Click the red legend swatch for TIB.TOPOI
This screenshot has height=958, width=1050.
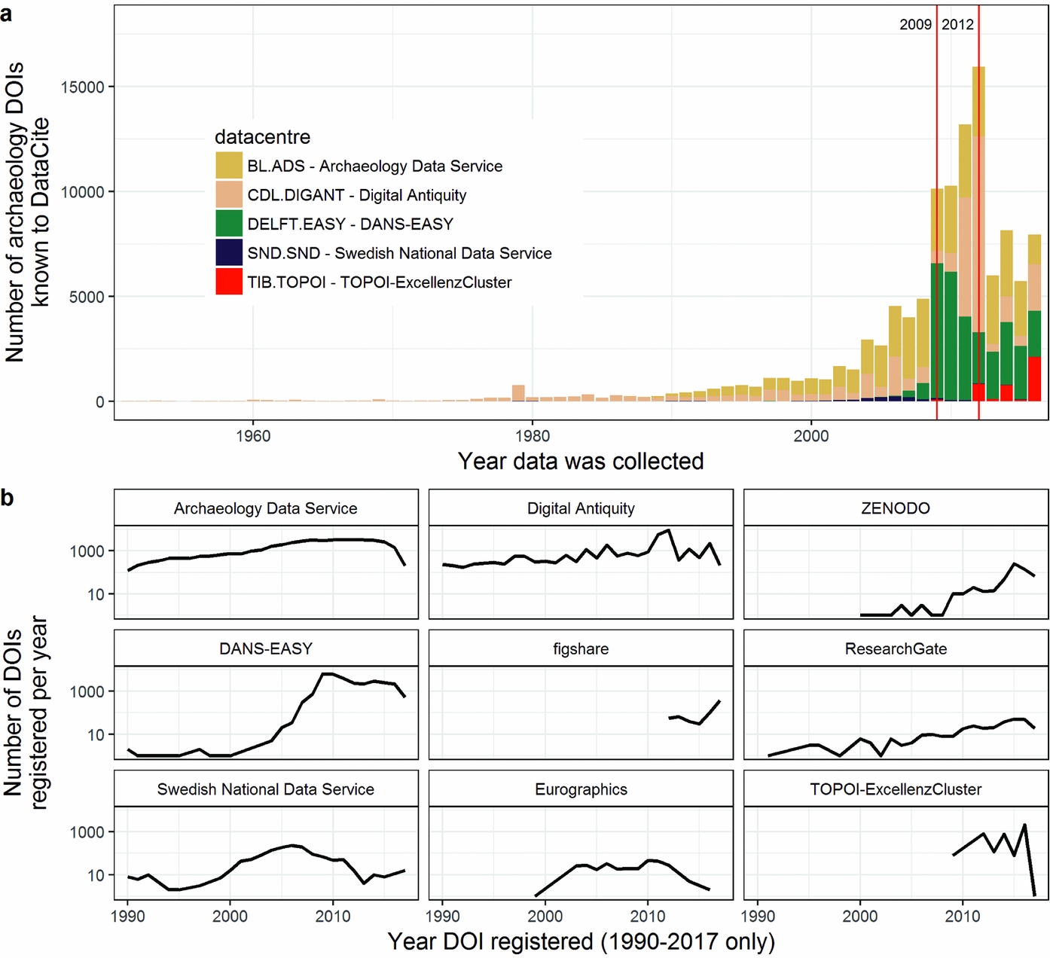pyautogui.click(x=229, y=282)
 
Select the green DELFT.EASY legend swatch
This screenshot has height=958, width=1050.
pyautogui.click(x=229, y=224)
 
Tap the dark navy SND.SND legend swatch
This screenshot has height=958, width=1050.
pyautogui.click(x=229, y=253)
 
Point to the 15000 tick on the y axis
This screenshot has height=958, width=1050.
pyautogui.click(x=82, y=87)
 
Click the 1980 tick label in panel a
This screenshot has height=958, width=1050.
pyautogui.click(x=532, y=436)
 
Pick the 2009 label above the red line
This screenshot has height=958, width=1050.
pyautogui.click(x=915, y=25)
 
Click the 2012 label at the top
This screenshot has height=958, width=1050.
pyautogui.click(x=957, y=25)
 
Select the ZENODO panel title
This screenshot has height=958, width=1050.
pyautogui.click(x=895, y=508)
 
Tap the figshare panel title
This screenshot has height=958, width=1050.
pyautogui.click(x=580, y=649)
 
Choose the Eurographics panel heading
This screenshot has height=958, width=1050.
pyautogui.click(x=580, y=789)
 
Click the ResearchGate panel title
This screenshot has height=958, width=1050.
pyautogui.click(x=895, y=649)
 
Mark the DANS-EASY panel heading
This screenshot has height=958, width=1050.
pyautogui.click(x=265, y=649)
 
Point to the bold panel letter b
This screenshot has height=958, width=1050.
pyautogui.click(x=7, y=498)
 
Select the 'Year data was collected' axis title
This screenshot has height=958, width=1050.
pyautogui.click(x=580, y=461)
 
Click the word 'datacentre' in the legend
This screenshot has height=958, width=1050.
pyautogui.click(x=262, y=137)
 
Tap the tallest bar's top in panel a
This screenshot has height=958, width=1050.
pyautogui.click(x=978, y=69)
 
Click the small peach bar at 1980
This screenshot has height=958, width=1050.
pyautogui.click(x=518, y=392)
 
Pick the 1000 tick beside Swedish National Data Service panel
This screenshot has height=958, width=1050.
pyautogui.click(x=87, y=832)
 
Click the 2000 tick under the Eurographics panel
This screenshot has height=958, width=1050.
pyautogui.click(x=545, y=917)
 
